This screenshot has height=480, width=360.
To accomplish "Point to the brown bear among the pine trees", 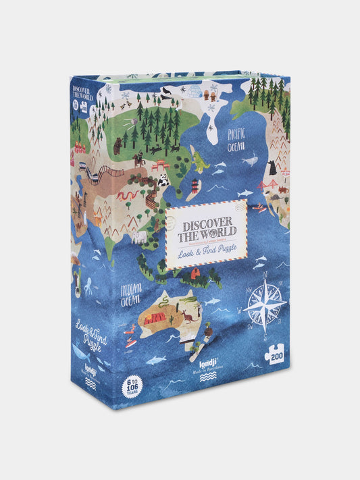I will click(118, 144).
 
